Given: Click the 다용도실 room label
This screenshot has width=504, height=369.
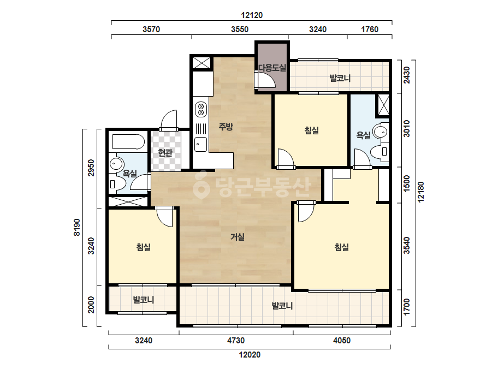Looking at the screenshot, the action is pos(272,68).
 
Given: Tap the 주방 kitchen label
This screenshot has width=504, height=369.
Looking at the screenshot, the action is pos(226,126).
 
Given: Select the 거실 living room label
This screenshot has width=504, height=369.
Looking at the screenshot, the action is pos(237,237).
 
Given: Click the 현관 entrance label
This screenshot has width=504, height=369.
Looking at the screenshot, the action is pos(165,152).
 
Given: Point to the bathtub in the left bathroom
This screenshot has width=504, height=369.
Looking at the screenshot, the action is pos(128,142).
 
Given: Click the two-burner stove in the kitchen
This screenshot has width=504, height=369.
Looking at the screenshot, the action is pos(201,109).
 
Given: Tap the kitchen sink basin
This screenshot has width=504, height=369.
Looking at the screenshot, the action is pos(201,144).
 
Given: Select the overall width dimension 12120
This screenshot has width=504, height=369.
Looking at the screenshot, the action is pos(252,15).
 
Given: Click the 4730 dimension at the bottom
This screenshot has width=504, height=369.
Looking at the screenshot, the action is pos(236,341).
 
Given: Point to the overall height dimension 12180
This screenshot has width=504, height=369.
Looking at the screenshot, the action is pos(420,192).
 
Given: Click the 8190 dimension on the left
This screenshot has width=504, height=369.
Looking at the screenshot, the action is pos(77,227).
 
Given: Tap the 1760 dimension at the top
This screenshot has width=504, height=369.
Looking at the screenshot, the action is pos(370,29).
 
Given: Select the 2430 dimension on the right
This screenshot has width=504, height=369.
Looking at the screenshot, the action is pos(407,75).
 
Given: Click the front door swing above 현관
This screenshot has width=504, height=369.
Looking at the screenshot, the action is pos(168,121).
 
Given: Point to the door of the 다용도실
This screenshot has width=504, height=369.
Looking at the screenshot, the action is pos(265,80).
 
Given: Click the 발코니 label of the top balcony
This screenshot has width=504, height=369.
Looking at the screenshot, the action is pos(340,78).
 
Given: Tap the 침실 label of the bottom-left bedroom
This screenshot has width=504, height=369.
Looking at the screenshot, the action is pos(144,247).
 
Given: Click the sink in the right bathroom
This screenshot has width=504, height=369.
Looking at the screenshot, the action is pos(381,132).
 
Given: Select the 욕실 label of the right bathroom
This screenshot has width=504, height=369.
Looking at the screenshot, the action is pos(364,135).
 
